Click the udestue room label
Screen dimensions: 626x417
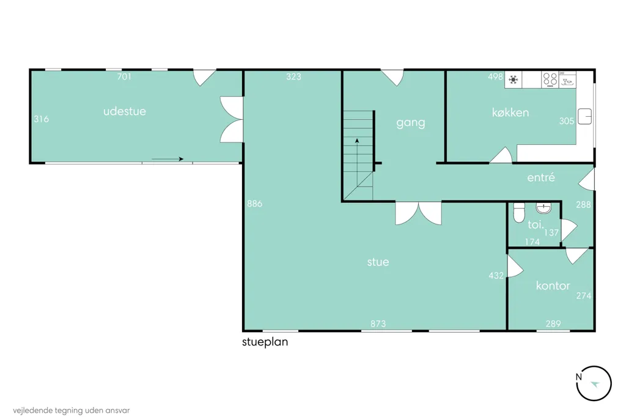click(125, 111)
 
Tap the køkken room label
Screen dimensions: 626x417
click(510, 113)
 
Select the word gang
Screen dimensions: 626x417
click(410, 123)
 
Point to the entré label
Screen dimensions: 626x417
click(541, 177)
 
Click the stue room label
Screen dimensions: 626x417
click(378, 262)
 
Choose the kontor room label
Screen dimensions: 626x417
click(553, 286)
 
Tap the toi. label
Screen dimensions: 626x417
click(536, 224)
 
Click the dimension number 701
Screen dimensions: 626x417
click(124, 76)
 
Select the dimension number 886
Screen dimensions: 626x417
click(255, 204)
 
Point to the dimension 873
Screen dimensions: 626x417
click(378, 323)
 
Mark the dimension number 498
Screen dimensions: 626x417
click(495, 76)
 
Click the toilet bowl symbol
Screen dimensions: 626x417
click(519, 213)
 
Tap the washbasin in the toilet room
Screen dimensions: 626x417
click(543, 208)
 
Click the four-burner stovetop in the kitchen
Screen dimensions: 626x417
click(550, 79)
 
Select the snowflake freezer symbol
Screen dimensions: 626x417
click(514, 80)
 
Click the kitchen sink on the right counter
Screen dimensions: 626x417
click(584, 116)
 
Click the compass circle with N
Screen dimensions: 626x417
click(594, 383)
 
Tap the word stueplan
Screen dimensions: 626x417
click(265, 342)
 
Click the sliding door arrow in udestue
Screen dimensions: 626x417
click(168, 159)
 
